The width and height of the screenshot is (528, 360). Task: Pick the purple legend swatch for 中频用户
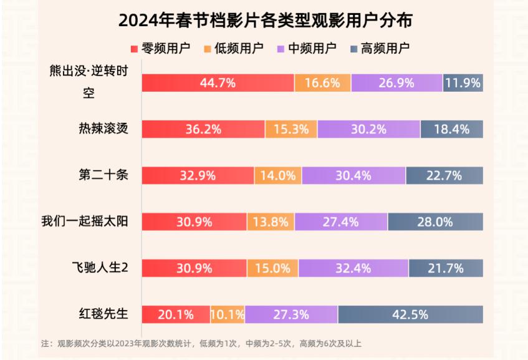pyautogui.click(x=281, y=48)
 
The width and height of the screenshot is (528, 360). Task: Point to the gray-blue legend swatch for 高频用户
pyautogui.click(x=355, y=48)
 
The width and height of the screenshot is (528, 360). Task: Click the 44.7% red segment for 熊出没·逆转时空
pyautogui.click(x=218, y=83)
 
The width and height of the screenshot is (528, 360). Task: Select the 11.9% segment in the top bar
pyautogui.click(x=463, y=83)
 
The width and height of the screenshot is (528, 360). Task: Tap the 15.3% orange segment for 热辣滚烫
pyautogui.click(x=291, y=129)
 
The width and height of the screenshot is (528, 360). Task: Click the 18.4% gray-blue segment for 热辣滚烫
pyautogui.click(x=451, y=129)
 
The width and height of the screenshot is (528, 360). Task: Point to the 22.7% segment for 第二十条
pyautogui.click(x=444, y=175)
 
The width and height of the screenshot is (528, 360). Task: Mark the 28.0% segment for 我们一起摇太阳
pyautogui.click(x=435, y=221)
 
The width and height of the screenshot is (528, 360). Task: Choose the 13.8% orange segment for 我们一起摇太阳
pyautogui.click(x=271, y=221)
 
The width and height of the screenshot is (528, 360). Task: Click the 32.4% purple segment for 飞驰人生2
pyautogui.click(x=353, y=268)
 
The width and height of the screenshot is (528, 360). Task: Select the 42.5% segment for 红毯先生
pyautogui.click(x=410, y=314)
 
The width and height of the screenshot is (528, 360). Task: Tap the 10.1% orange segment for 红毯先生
pyautogui.click(x=228, y=314)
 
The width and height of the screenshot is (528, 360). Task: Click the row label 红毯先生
pyautogui.click(x=104, y=314)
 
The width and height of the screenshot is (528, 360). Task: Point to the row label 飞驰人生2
pyautogui.click(x=99, y=268)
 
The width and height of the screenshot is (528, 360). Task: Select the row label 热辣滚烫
pyautogui.click(x=103, y=129)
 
